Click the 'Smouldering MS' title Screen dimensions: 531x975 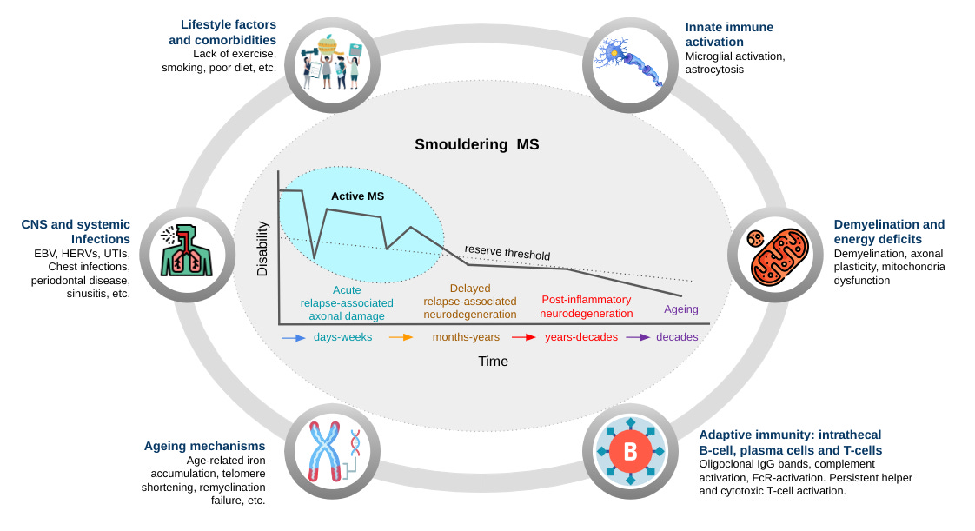(477, 144)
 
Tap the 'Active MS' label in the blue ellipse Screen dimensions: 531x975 (357, 196)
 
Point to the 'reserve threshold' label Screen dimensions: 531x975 (507, 253)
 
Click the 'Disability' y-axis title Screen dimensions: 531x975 (262, 249)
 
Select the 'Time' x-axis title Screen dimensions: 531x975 (493, 361)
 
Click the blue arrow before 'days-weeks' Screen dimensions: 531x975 (293, 337)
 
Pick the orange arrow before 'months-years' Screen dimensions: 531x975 (401, 337)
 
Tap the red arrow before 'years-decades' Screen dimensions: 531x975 (523, 337)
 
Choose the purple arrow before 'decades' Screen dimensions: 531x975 (639, 337)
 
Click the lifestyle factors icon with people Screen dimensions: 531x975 (331, 63)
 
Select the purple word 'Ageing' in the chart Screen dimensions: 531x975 (680, 309)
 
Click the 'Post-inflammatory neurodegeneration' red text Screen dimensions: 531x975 (586, 306)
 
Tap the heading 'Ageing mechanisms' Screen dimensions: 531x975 (204, 446)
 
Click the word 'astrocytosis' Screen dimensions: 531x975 (715, 70)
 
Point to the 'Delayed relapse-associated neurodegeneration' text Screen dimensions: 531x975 (469, 301)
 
